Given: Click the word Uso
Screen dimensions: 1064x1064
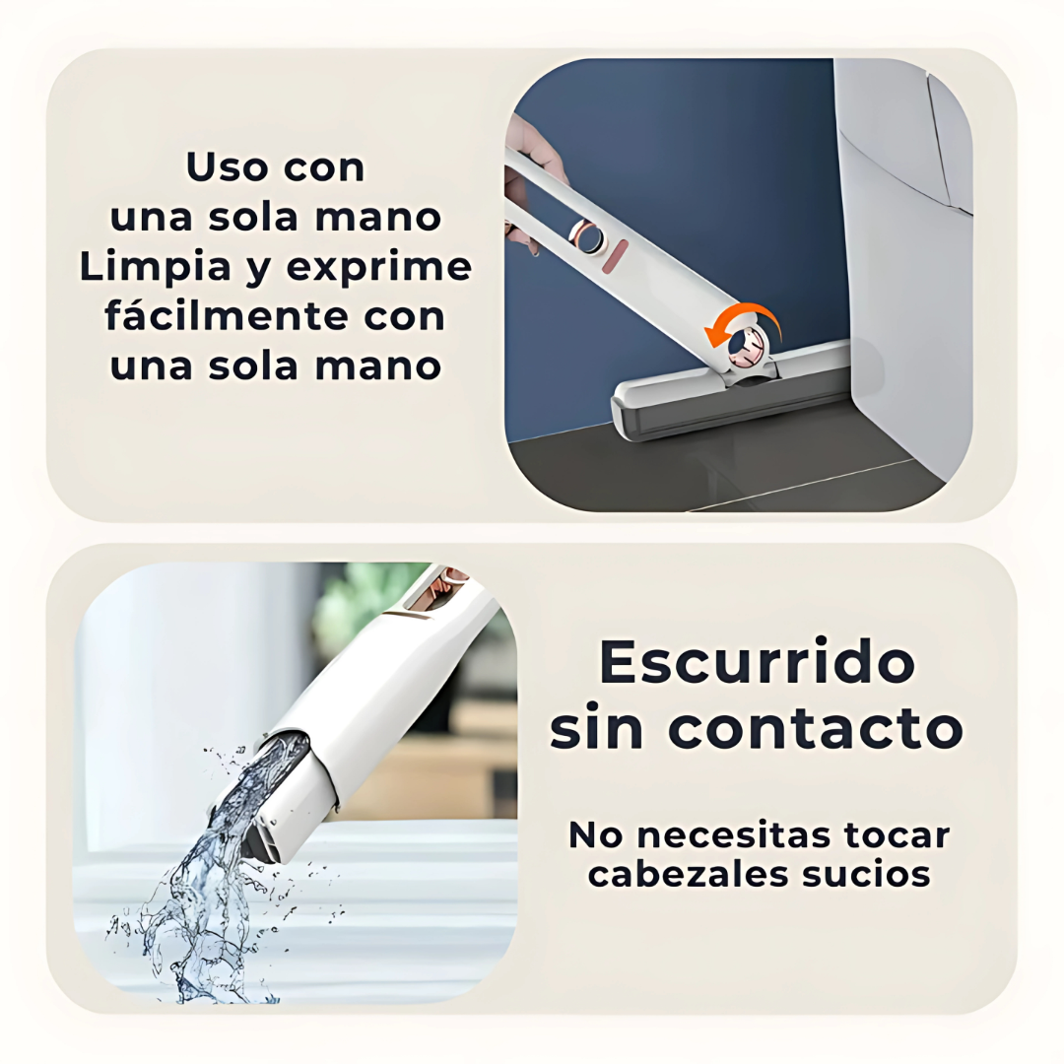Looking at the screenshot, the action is pos(228,167).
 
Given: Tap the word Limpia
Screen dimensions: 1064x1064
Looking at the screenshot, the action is pos(155,267).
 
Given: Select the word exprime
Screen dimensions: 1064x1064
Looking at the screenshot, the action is pos(378,267).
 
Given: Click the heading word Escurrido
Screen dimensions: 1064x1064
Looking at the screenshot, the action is pos(757,662).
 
